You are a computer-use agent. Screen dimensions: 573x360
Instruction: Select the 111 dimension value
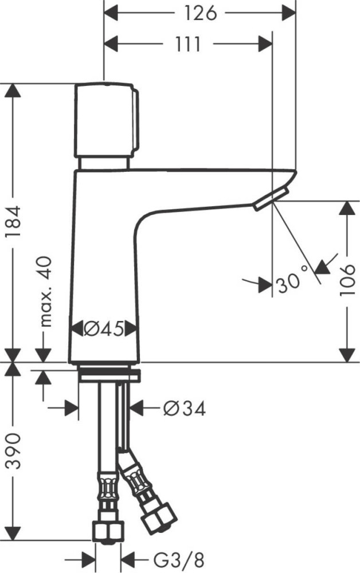coord(185,44)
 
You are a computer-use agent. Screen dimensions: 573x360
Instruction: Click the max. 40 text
coord(46,292)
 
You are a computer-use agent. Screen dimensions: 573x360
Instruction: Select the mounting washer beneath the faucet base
coord(109,375)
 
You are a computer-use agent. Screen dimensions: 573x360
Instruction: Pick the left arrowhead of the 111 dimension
coord(112,44)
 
